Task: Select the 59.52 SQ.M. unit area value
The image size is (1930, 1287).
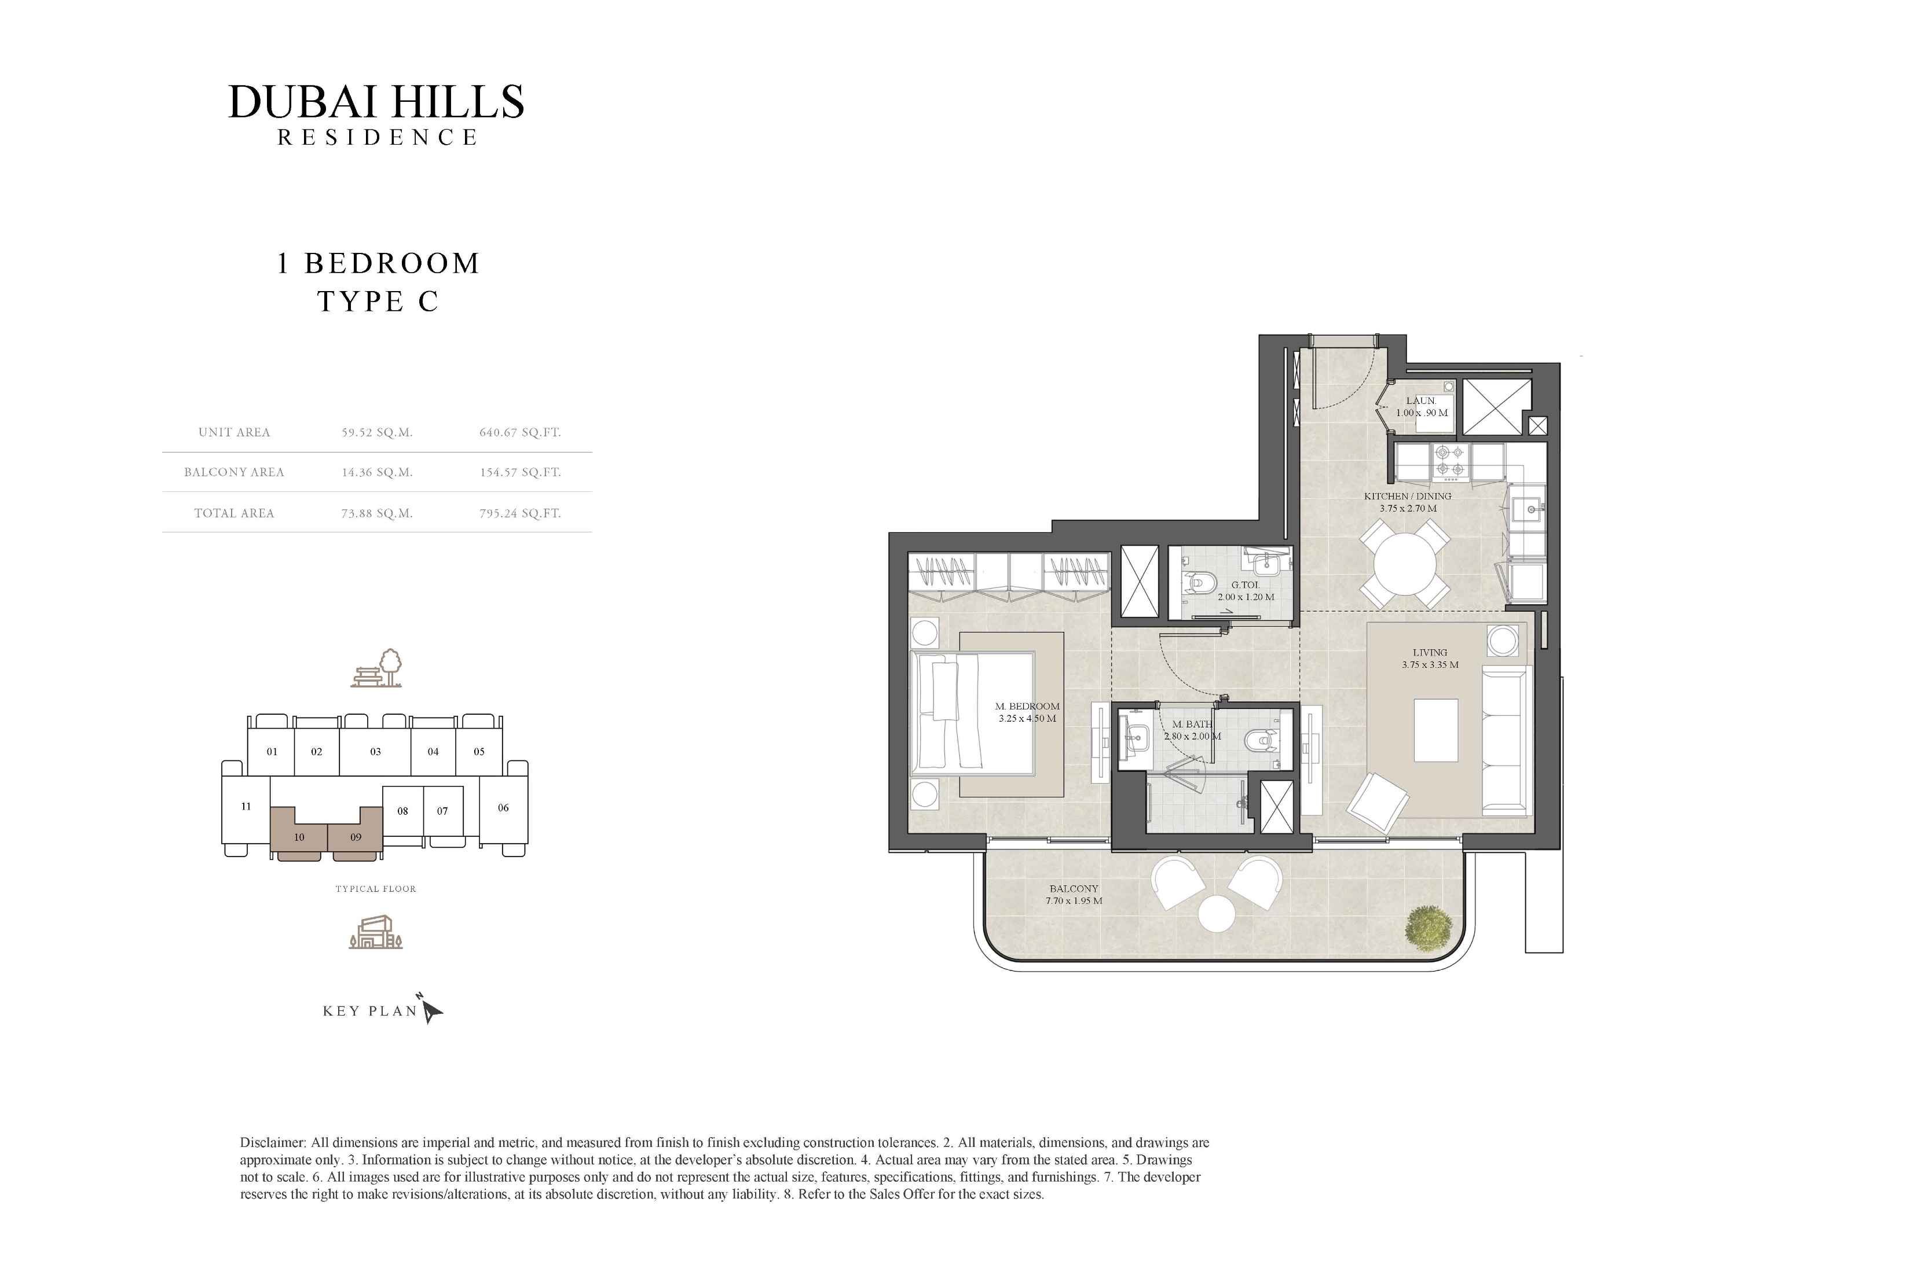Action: click(x=377, y=432)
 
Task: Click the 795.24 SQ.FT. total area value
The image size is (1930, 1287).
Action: click(x=520, y=514)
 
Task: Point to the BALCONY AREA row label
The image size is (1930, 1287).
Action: click(x=234, y=473)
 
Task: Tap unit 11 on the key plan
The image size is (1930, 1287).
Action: click(x=246, y=808)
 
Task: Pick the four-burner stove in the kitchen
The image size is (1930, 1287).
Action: click(x=1452, y=461)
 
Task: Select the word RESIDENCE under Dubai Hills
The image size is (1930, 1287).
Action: click(x=377, y=138)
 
